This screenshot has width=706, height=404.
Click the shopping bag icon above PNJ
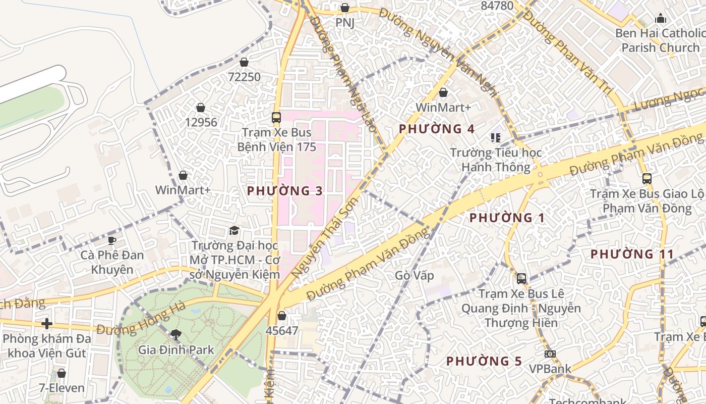[x=345, y=8]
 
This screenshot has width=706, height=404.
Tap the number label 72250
[x=244, y=77]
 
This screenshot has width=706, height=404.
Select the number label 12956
[x=201, y=122]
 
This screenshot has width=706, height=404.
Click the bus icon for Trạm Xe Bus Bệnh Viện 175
[x=276, y=118]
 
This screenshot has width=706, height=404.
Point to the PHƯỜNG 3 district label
[x=285, y=191]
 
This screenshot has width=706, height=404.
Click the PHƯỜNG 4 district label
[x=437, y=129]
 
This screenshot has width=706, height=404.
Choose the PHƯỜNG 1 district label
[x=507, y=218]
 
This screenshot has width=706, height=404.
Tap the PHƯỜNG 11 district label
[x=632, y=254]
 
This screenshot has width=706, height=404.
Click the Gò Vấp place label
[x=415, y=276]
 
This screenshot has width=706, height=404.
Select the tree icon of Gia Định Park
[x=176, y=334]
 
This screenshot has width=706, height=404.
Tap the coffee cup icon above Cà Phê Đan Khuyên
[x=111, y=240]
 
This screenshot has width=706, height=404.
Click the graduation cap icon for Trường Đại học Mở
[x=234, y=231]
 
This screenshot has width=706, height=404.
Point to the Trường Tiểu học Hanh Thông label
[x=496, y=160]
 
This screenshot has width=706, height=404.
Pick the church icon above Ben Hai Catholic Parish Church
[x=661, y=19]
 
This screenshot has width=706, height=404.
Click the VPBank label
[x=550, y=369]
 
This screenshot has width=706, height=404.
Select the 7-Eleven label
[x=62, y=388]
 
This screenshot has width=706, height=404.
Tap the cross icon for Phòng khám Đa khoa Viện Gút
[x=47, y=323]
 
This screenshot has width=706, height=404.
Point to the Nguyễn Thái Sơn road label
[x=325, y=237]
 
